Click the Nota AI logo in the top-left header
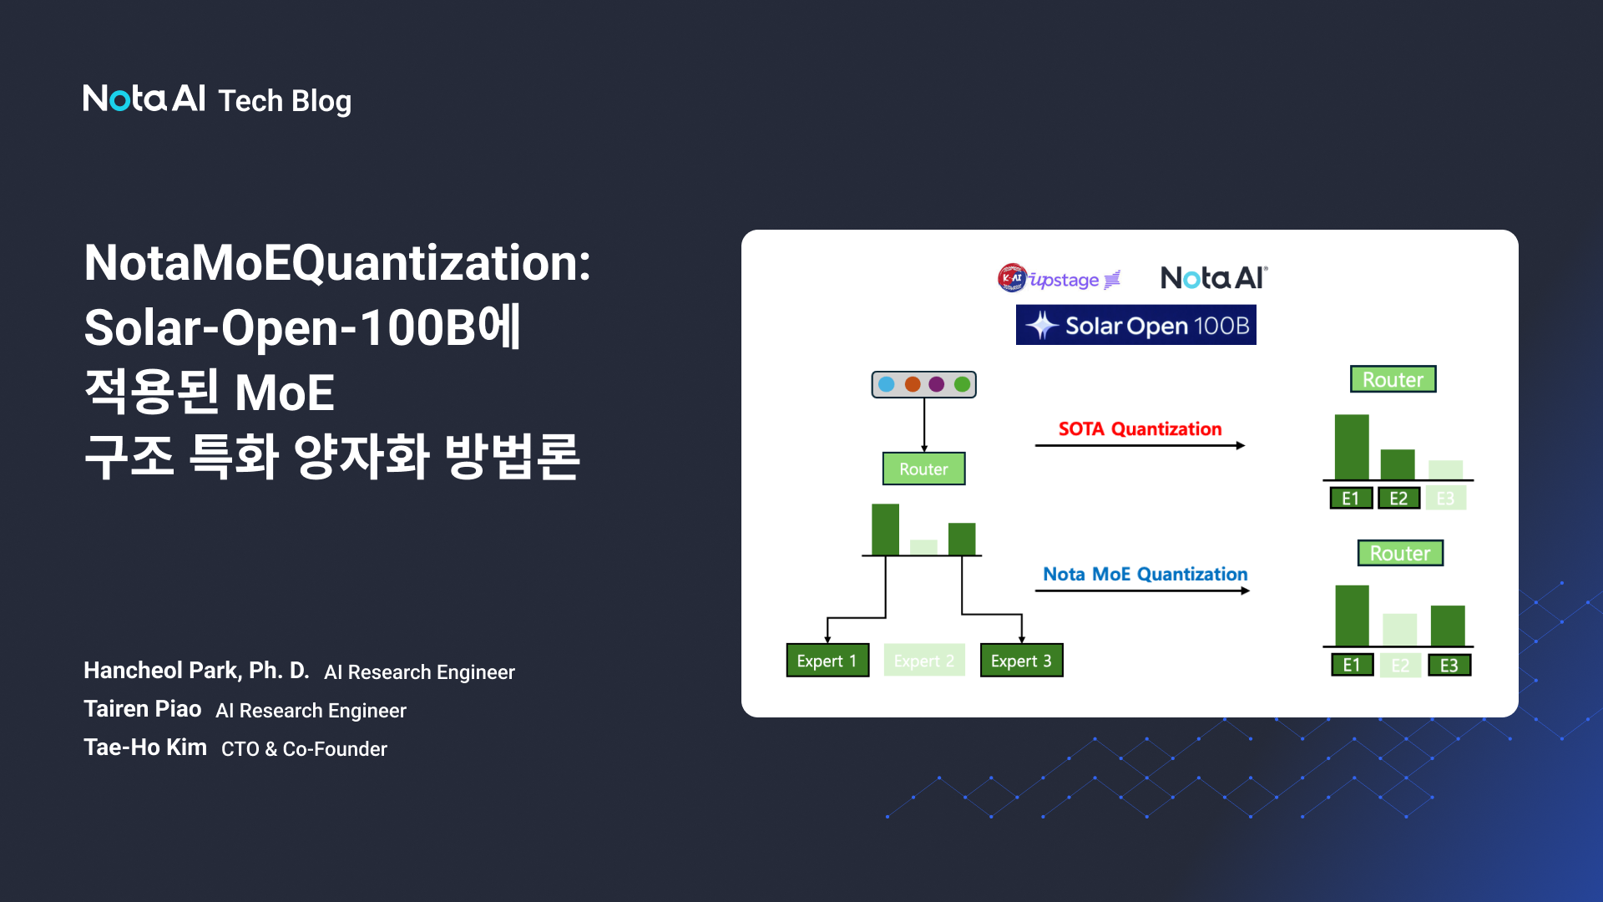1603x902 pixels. coord(144,99)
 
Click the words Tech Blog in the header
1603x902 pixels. coord(285,101)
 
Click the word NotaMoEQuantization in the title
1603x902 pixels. coord(336,263)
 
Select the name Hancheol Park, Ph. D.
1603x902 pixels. coord(196,671)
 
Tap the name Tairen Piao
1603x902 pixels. coord(143,709)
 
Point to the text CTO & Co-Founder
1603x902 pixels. coord(304,749)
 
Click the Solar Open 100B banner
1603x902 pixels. coord(1135,325)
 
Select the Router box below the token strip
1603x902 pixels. coord(923,469)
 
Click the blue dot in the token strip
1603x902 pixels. coord(887,384)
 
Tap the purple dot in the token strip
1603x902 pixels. coord(937,384)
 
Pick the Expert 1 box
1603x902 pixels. coord(827,661)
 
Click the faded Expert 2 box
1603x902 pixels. coord(923,661)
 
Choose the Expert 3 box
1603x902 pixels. coord(1020,661)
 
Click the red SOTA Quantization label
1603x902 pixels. coord(1140,429)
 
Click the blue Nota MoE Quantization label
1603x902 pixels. coord(1145,575)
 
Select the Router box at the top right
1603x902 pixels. coord(1393,379)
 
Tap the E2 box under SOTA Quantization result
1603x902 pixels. coord(1398,499)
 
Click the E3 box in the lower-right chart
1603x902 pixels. coord(1449,666)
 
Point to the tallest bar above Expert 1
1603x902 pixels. coord(885,530)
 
